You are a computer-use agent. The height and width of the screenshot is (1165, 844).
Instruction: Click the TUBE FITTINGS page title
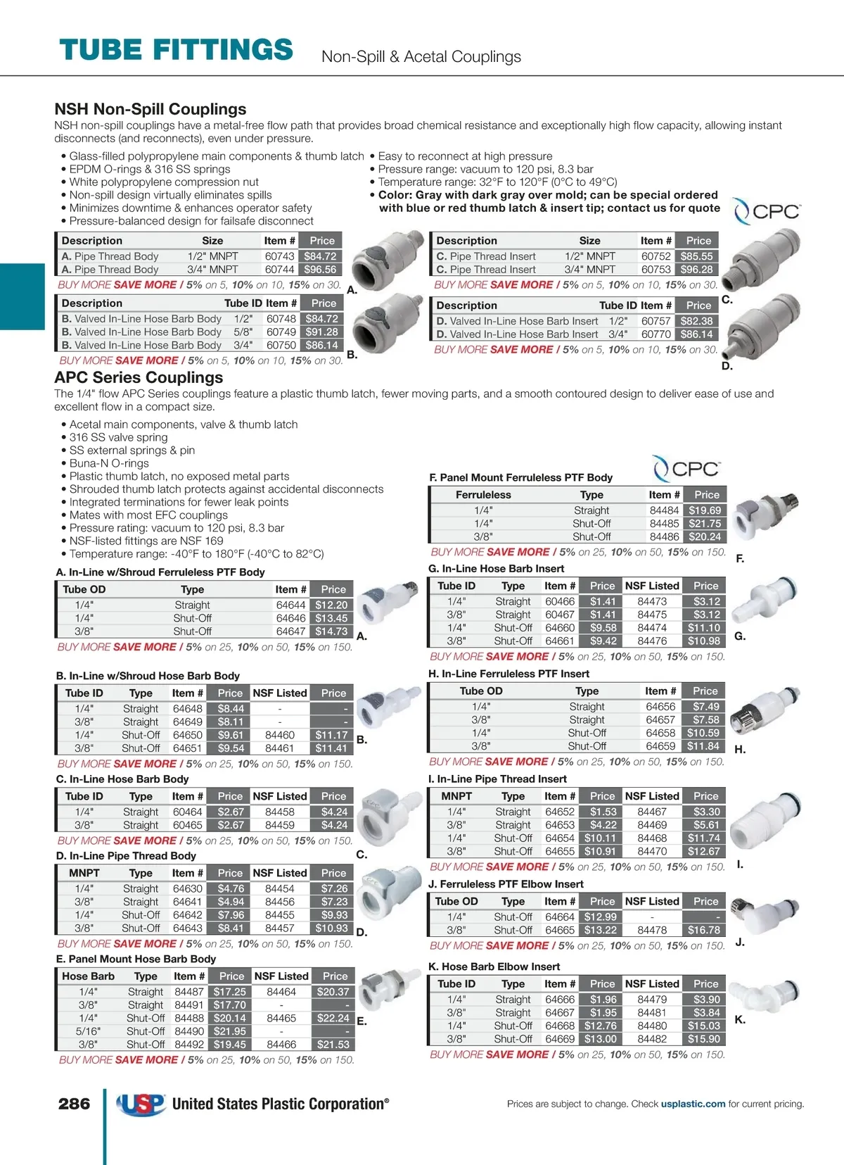tap(176, 50)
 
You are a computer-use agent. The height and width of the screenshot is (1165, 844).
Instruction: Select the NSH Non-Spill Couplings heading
tap(151, 109)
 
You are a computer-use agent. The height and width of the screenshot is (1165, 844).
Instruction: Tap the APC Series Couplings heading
tap(139, 377)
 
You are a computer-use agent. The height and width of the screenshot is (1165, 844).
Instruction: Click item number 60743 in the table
tap(279, 256)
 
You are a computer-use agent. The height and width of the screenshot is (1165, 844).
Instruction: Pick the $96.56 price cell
tap(320, 270)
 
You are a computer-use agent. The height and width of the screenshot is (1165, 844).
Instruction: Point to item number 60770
tap(656, 334)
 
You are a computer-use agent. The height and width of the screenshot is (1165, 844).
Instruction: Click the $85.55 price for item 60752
tap(696, 256)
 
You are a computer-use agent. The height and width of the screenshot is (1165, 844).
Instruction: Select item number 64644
tap(290, 605)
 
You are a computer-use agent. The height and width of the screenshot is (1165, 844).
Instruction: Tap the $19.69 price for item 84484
tap(705, 510)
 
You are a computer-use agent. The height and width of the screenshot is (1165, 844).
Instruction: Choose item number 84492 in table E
tap(189, 1045)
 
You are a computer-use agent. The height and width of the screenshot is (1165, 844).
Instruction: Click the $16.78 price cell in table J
tap(703, 930)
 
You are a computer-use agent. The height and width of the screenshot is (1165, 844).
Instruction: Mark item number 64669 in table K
tap(560, 1039)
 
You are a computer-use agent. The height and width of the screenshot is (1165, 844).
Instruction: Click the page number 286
tap(74, 1104)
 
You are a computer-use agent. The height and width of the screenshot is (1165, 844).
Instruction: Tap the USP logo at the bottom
tap(141, 1104)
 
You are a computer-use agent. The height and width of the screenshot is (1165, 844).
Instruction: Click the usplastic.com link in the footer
tap(693, 1104)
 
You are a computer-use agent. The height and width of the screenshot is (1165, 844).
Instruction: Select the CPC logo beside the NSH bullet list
tap(767, 211)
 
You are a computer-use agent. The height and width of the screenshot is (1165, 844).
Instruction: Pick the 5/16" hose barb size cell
tap(88, 1031)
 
